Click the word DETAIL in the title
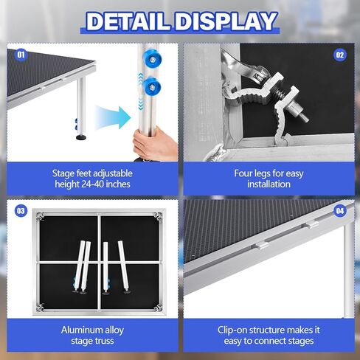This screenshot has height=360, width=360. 130,21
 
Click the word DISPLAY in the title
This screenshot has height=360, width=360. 224,21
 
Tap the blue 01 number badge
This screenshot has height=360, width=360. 21,55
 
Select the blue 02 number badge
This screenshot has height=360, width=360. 339,55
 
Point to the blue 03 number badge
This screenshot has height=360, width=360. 21,212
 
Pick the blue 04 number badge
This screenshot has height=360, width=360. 339,212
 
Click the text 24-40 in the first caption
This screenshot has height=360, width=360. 103,184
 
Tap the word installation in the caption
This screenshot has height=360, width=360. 269,184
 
